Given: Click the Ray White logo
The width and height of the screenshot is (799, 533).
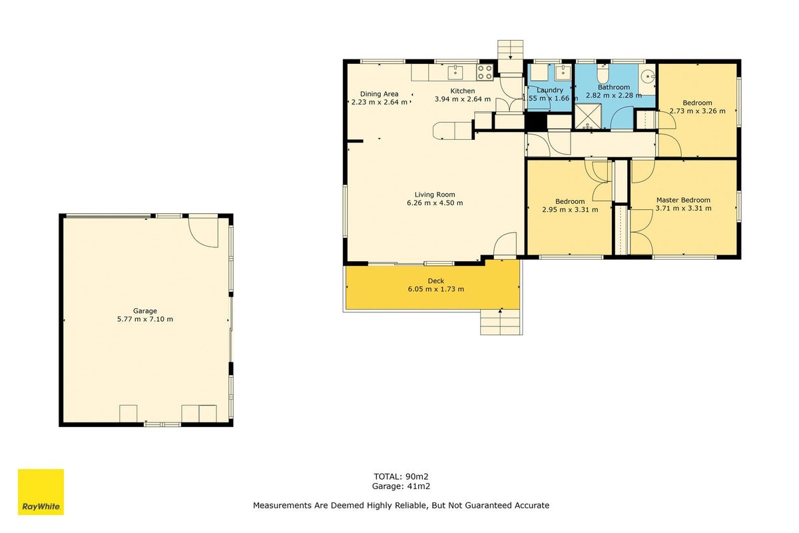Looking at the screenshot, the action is pyautogui.click(x=41, y=492).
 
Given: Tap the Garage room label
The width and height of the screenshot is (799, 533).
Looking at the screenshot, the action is pyautogui.click(x=145, y=311).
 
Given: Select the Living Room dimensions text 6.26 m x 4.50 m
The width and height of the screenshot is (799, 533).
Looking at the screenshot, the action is pyautogui.click(x=435, y=203).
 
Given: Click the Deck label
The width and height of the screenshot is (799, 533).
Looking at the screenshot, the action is pyautogui.click(x=436, y=281).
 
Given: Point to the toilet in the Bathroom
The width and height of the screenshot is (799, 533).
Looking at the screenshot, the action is pyautogui.click(x=603, y=73).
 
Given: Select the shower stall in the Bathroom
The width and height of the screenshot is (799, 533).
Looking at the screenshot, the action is pyautogui.click(x=588, y=117).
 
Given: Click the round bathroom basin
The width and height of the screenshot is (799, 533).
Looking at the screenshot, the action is pyautogui.click(x=648, y=77).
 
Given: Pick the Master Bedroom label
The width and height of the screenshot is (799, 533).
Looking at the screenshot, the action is pyautogui.click(x=683, y=200).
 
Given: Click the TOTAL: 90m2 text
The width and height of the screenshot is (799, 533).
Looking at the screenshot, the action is pyautogui.click(x=401, y=476).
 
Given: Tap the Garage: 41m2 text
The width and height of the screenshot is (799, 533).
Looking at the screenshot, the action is pyautogui.click(x=401, y=486).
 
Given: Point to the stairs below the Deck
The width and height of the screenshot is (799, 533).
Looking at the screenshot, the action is pyautogui.click(x=501, y=322).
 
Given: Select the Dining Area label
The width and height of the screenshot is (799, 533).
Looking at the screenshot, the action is pyautogui.click(x=379, y=94).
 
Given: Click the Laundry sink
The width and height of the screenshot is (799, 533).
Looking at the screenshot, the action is pyautogui.click(x=563, y=73).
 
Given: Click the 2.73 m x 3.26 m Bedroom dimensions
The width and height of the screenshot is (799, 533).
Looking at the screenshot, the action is pyautogui.click(x=697, y=111).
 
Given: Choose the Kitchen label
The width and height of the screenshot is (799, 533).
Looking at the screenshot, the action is pyautogui.click(x=463, y=91).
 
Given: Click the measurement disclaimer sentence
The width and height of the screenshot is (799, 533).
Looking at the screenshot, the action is pyautogui.click(x=401, y=505).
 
